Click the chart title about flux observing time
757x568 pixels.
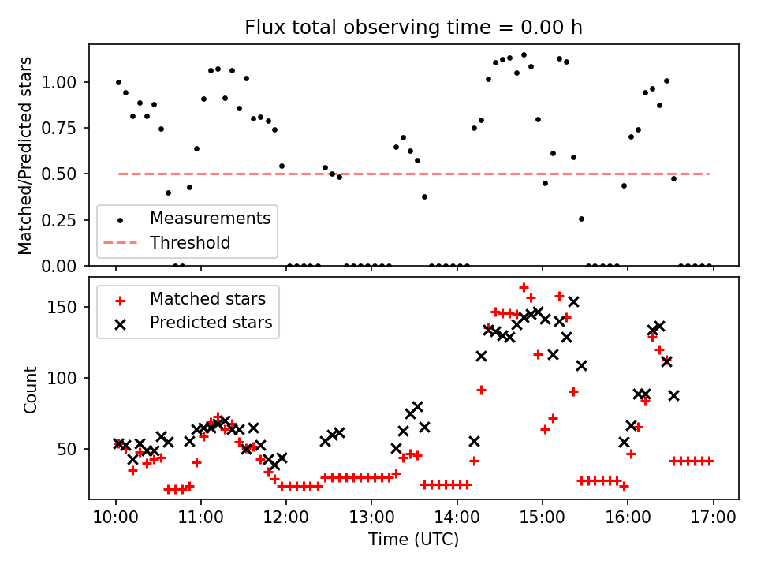click(413, 28)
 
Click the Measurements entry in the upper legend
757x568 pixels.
click(210, 218)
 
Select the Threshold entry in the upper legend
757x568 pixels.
click(190, 242)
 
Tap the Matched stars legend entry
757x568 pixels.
click(207, 299)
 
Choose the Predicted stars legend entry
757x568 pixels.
click(211, 323)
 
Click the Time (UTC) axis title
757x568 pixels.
click(413, 540)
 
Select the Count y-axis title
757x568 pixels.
click(31, 389)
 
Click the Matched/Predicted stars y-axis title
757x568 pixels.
click(25, 155)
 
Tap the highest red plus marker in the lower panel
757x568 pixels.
click(524, 287)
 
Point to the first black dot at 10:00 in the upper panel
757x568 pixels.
click(118, 82)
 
